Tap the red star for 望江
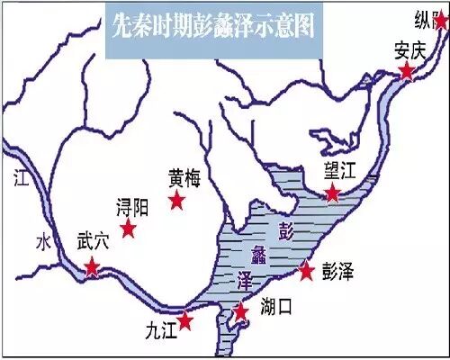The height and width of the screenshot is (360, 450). (333, 193)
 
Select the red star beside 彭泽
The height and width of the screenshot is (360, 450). (306, 269)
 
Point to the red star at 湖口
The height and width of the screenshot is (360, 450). (240, 311)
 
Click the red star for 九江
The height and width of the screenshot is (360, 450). (185, 320)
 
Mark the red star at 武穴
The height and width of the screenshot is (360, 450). (92, 266)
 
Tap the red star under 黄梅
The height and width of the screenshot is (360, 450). (177, 199)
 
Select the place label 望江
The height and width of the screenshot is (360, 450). (343, 172)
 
